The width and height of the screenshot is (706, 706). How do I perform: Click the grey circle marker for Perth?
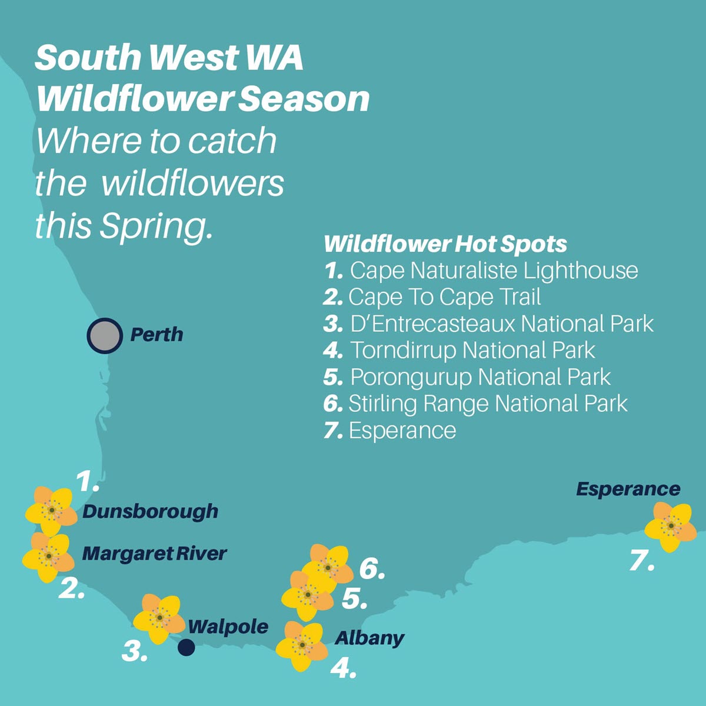(x=105, y=335)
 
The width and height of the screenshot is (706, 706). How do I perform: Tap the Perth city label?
(x=156, y=335)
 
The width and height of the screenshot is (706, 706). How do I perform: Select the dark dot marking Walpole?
(x=187, y=647)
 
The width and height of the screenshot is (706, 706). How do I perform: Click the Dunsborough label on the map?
(x=151, y=511)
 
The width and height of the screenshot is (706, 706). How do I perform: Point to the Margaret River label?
(x=154, y=554)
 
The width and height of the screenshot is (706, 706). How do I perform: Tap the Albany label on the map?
(x=369, y=638)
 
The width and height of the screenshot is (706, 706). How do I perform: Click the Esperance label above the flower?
(x=628, y=489)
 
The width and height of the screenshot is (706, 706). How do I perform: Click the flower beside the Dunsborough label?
(x=51, y=511)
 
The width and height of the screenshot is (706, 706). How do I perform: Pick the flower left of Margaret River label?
(x=48, y=556)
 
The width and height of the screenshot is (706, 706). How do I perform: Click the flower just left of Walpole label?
(x=159, y=618)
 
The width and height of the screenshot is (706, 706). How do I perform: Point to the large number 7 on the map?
(x=641, y=560)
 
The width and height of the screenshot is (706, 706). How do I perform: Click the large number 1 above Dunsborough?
(x=88, y=482)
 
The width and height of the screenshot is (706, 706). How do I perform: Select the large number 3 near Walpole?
(x=135, y=651)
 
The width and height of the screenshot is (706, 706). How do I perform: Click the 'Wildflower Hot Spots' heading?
(x=445, y=244)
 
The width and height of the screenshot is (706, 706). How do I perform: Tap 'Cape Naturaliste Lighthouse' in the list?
(x=494, y=271)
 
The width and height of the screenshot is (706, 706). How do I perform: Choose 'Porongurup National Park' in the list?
(x=480, y=377)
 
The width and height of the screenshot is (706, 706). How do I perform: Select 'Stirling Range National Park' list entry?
(x=488, y=404)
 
